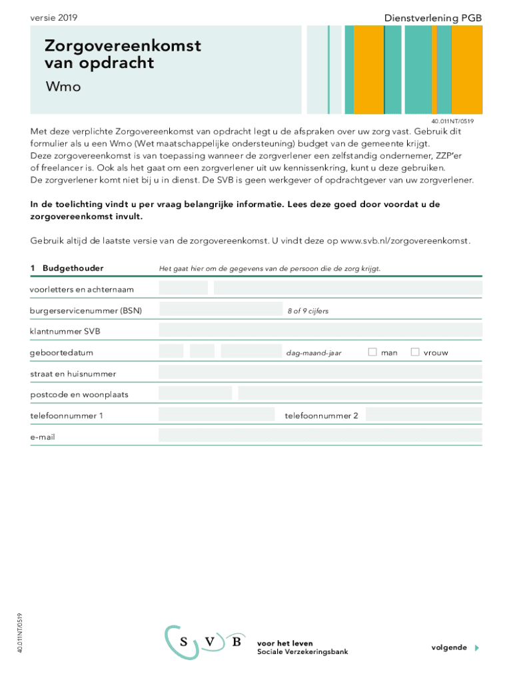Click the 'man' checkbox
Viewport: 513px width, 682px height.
[372, 352]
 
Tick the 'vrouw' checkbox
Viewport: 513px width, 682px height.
[415, 352]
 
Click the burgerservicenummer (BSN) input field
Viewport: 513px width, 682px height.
[221, 310]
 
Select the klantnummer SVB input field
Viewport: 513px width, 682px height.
[320, 331]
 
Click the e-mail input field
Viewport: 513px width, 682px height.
[320, 436]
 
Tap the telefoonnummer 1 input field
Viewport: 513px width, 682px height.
[217, 415]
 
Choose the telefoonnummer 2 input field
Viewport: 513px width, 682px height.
[424, 415]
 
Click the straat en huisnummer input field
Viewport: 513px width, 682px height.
[320, 373]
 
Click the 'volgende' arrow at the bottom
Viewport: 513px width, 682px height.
[476, 647]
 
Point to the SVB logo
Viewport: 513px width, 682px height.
[205, 643]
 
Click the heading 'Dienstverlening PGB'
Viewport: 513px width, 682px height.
[432, 18]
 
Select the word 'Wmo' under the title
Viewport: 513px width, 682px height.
[63, 87]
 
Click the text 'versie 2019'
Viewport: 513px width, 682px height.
[54, 18]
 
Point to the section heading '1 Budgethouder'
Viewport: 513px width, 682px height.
[67, 268]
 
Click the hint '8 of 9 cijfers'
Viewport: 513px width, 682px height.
[308, 311]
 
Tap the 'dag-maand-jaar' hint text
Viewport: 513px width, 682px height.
[314, 353]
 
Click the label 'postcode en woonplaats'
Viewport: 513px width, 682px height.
[79, 394]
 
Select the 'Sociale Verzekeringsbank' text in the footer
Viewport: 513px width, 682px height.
[302, 651]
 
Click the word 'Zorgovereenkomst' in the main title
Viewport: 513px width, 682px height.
[123, 46]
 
